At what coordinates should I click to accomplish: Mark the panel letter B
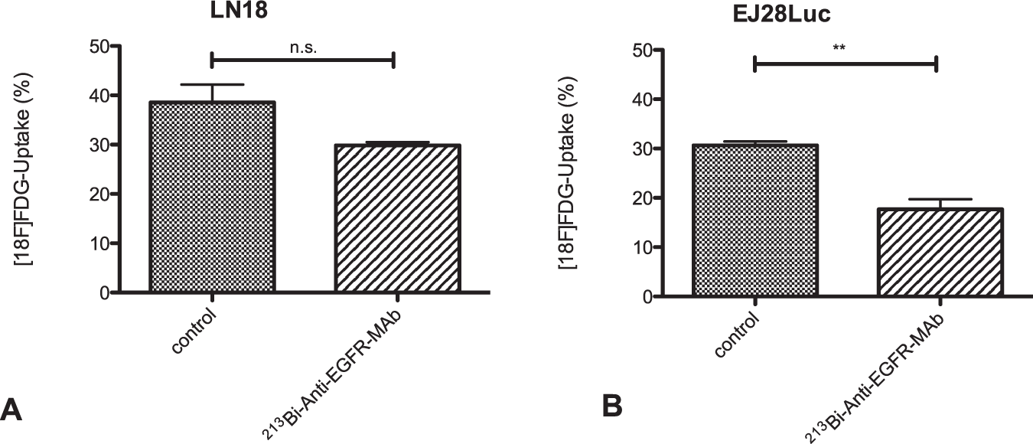(x=611, y=406)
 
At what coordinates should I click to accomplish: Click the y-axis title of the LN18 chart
(x=24, y=169)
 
